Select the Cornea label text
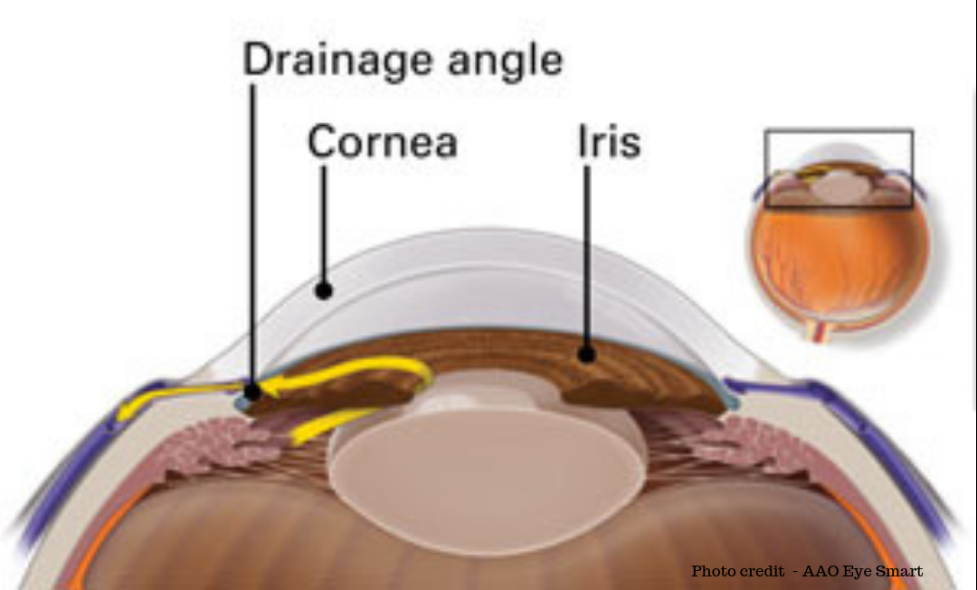pos(383,143)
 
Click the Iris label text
pos(608,143)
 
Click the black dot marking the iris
pos(587,355)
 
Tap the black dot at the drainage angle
pos(253,393)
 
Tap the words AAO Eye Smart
pos(863,571)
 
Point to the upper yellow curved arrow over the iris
pos(362,373)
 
